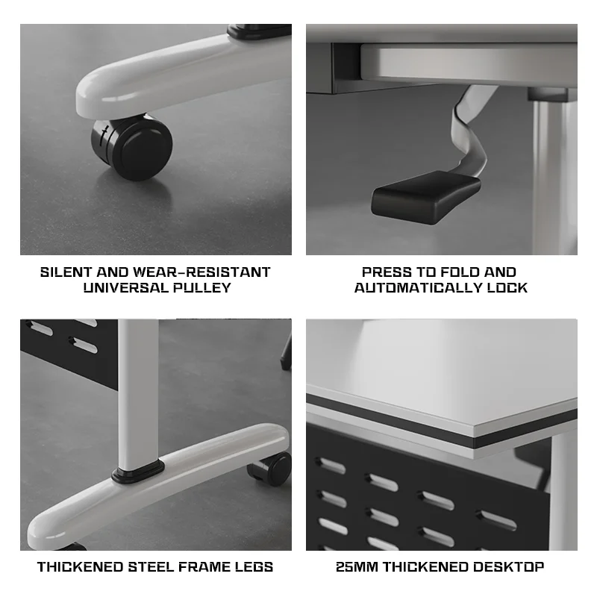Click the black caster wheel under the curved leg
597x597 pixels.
(x=132, y=146)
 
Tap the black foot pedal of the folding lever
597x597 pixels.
(x=425, y=197)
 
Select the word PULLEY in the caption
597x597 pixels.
(x=202, y=287)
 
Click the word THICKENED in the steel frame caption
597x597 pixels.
(x=80, y=567)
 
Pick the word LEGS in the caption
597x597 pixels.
(x=254, y=567)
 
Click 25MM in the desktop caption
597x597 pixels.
(x=357, y=567)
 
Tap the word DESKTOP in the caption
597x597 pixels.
(x=508, y=567)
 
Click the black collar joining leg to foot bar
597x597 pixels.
(x=138, y=472)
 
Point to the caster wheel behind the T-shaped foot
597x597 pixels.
(x=269, y=469)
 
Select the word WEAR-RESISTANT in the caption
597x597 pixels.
(x=201, y=272)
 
